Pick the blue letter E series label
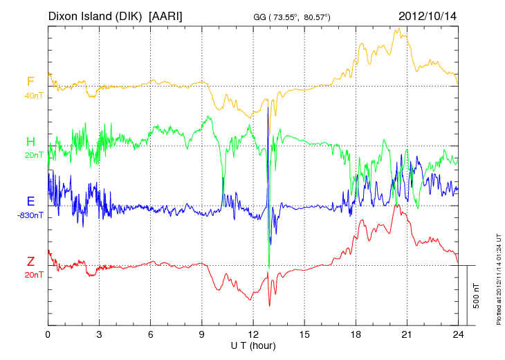(x=30, y=201)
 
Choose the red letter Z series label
(x=30, y=261)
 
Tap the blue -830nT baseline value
(x=31, y=215)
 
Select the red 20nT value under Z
(x=33, y=274)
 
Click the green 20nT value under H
(x=33, y=155)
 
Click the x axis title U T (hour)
(x=253, y=345)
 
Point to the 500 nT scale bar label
(x=477, y=295)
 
